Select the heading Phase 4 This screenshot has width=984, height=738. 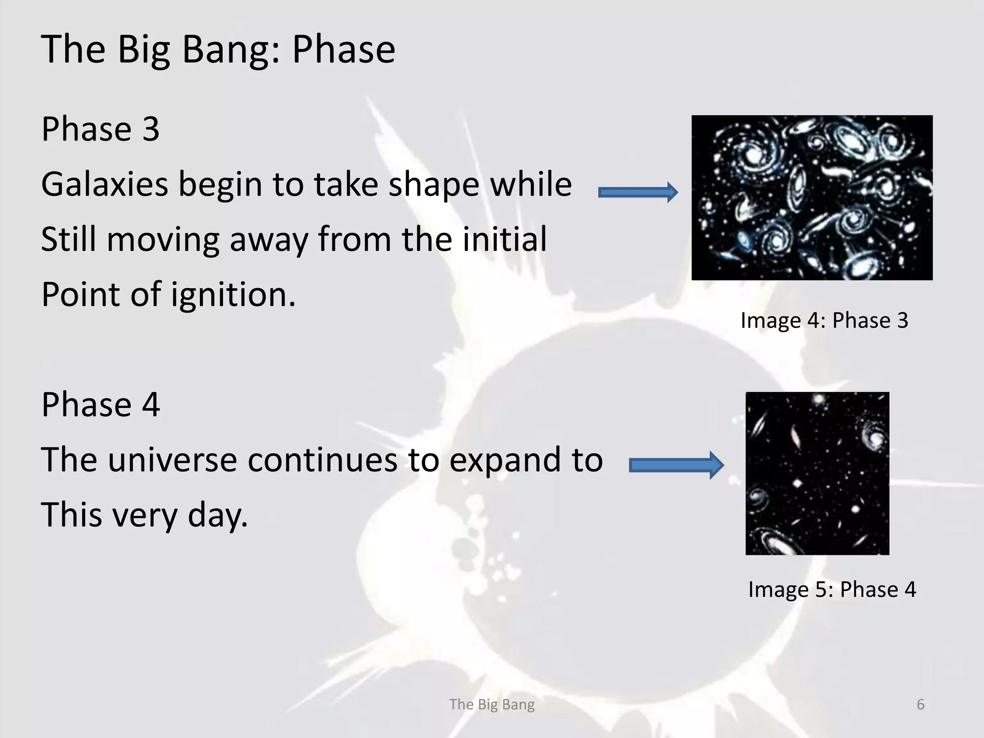(x=100, y=405)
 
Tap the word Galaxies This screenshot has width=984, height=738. (x=105, y=184)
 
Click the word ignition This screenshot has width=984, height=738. (x=233, y=295)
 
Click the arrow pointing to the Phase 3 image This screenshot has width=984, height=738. (x=638, y=193)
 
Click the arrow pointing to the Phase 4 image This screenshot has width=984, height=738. (x=676, y=465)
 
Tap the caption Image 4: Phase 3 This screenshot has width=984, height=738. (x=824, y=320)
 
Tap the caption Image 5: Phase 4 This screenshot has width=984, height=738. (x=832, y=590)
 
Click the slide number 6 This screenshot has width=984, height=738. (x=921, y=704)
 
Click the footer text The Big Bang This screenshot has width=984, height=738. (x=492, y=704)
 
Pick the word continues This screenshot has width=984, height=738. (x=322, y=460)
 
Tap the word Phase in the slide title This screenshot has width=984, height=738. (x=344, y=49)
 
